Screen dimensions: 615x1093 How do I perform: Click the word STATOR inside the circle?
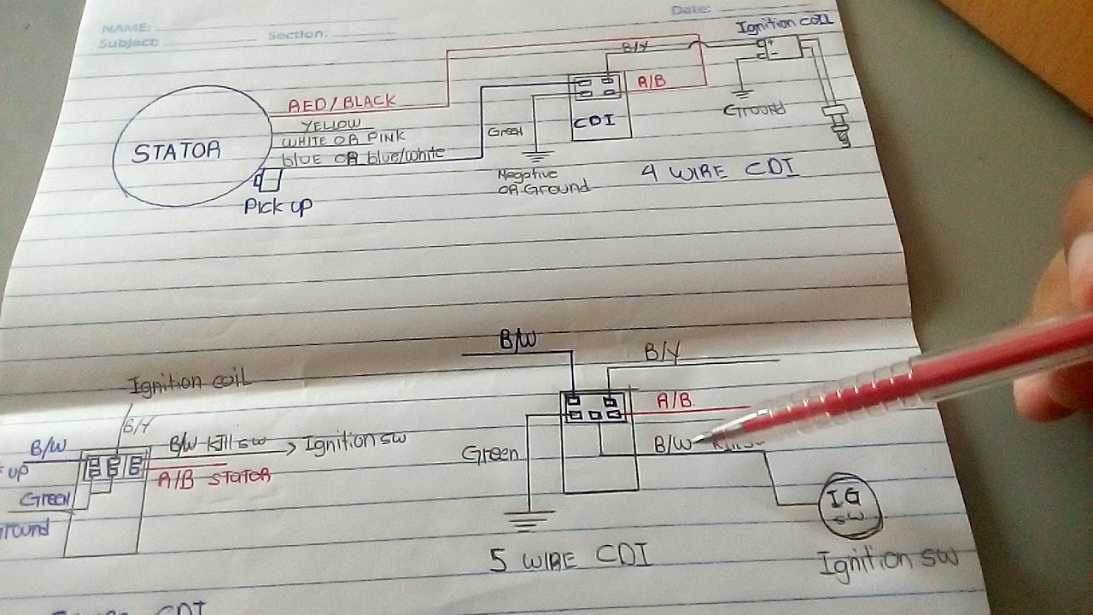[x=177, y=152]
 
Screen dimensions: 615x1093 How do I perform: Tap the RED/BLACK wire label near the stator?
[x=342, y=104]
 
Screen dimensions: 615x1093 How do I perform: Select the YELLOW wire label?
[x=330, y=125]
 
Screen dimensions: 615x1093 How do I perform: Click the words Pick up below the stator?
[x=278, y=206]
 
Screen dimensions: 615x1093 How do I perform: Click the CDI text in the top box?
[x=594, y=120]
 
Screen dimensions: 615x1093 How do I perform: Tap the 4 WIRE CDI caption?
[x=719, y=170]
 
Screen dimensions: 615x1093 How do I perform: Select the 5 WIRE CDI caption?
[x=570, y=559]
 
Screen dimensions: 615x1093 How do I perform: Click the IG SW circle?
[x=850, y=506]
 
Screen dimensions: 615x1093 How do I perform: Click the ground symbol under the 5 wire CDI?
[x=529, y=517]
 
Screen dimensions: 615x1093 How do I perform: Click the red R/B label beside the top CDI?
[x=652, y=83]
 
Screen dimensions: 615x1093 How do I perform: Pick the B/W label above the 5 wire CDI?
[x=517, y=341]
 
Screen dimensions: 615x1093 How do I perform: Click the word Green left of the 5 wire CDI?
[x=490, y=453]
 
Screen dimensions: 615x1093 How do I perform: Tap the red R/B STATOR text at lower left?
[x=213, y=476]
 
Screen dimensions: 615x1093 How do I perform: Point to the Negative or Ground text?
[x=543, y=180]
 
